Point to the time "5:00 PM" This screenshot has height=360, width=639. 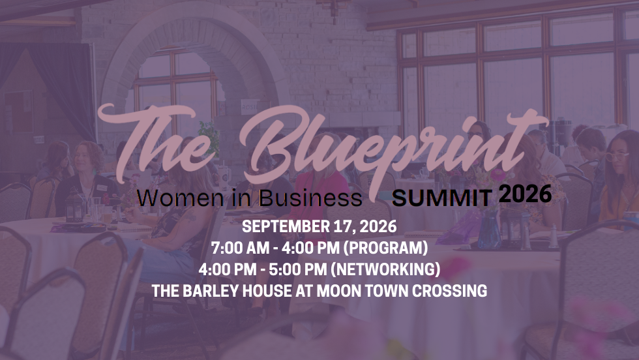(x=290, y=269)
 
